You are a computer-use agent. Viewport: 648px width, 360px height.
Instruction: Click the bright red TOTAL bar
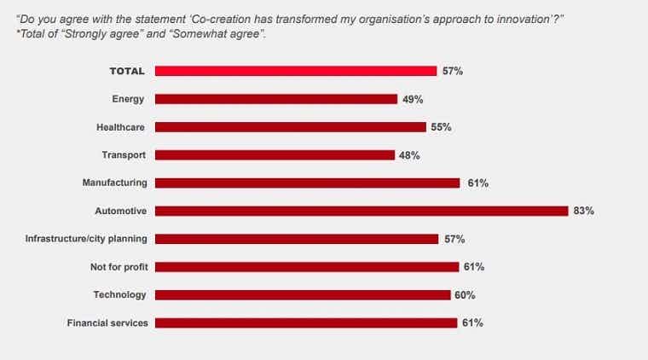[295, 71]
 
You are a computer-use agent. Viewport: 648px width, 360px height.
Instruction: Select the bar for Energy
[275, 99]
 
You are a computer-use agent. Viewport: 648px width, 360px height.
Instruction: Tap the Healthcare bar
[290, 127]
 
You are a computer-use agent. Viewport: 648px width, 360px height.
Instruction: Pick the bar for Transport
[275, 155]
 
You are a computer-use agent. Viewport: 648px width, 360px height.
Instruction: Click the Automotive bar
[361, 211]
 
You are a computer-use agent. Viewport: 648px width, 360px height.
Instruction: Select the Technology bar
[302, 295]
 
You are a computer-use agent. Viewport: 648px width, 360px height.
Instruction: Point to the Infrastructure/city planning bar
[296, 239]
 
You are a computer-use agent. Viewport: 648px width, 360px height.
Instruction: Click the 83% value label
[583, 211]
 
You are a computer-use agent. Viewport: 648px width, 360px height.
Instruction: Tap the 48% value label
[410, 155]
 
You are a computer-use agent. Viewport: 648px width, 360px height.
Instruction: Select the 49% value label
[413, 99]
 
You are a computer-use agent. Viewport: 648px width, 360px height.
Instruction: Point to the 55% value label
[441, 127]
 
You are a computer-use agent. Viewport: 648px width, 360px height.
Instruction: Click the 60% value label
[465, 295]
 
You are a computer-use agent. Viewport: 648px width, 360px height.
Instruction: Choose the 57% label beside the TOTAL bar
[452, 71]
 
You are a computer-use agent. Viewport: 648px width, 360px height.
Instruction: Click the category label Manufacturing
[114, 183]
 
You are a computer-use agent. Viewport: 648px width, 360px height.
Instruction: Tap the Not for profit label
[119, 267]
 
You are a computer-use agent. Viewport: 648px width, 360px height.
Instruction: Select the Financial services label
[107, 323]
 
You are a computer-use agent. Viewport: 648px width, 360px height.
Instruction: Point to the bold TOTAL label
[127, 71]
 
